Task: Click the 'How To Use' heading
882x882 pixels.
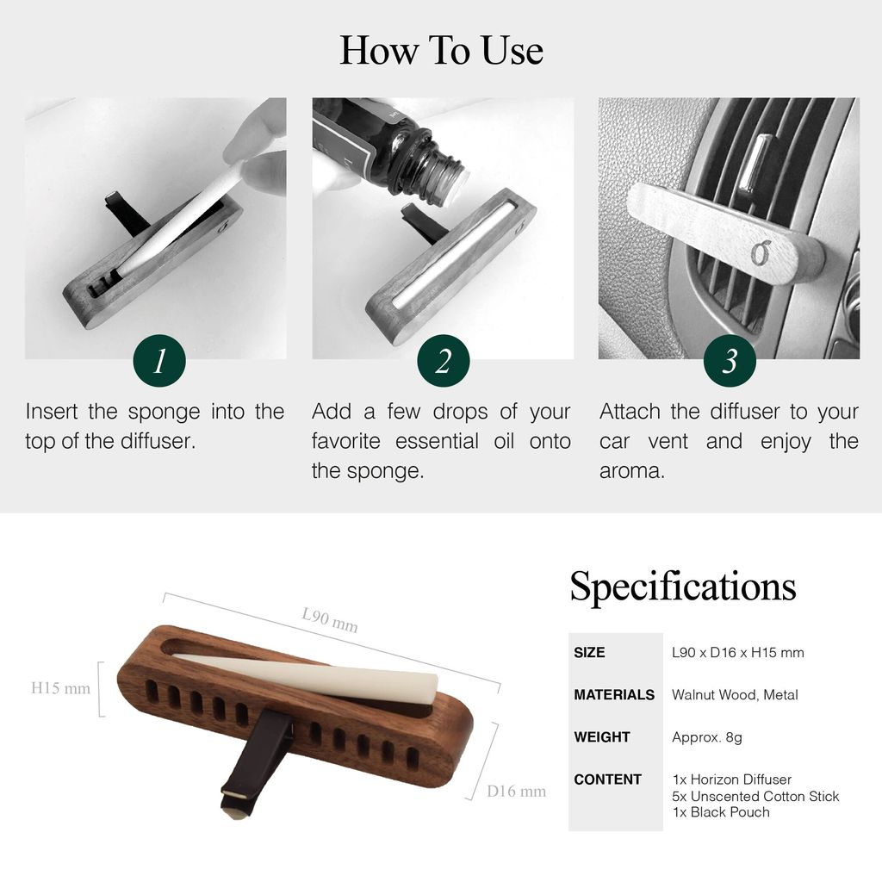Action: click(442, 51)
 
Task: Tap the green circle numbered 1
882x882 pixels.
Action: click(159, 361)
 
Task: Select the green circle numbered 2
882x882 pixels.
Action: click(444, 361)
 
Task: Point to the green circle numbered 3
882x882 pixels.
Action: click(730, 361)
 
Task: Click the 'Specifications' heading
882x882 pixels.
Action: click(683, 586)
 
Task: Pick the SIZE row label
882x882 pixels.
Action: click(589, 653)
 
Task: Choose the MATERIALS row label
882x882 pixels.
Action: click(614, 695)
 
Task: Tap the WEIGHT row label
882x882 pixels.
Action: click(602, 737)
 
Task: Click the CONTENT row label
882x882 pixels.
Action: click(607, 779)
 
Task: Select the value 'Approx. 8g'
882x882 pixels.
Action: click(707, 737)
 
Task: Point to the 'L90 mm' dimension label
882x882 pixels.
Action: click(330, 619)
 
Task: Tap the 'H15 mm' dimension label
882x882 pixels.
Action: click(61, 688)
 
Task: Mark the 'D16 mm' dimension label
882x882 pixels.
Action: click(517, 792)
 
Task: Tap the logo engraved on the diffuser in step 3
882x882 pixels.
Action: click(760, 253)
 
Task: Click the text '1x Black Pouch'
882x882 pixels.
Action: click(721, 812)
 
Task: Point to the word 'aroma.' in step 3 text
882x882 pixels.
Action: click(632, 471)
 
